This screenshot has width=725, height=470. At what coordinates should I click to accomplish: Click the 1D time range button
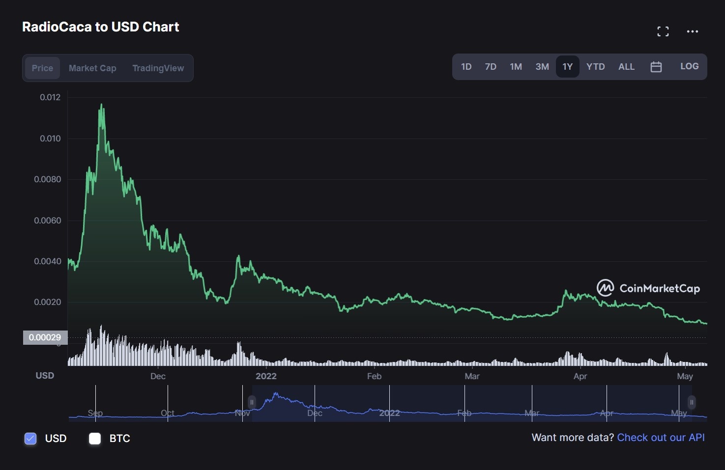[x=466, y=67]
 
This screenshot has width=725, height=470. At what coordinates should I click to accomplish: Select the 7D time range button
[x=491, y=67]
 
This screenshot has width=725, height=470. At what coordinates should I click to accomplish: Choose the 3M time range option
[x=542, y=67]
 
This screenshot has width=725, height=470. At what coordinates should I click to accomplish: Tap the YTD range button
[x=595, y=67]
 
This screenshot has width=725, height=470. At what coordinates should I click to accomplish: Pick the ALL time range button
[x=626, y=67]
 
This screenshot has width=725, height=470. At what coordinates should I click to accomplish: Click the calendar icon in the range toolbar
[x=656, y=67]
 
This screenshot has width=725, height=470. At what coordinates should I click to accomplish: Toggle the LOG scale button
[x=689, y=66]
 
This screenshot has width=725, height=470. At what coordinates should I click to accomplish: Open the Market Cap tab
[x=92, y=68]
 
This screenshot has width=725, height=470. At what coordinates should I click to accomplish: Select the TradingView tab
[x=158, y=68]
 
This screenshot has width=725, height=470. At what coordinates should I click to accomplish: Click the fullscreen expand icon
[x=663, y=31]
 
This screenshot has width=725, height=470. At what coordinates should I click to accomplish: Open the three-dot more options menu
[x=693, y=31]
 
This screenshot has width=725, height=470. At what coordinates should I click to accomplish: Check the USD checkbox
[x=30, y=439]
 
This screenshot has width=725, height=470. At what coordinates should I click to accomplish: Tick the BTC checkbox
[x=95, y=439]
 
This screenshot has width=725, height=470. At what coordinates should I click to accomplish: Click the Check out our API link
[x=661, y=438]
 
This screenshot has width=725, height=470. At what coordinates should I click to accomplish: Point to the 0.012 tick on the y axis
[x=50, y=97]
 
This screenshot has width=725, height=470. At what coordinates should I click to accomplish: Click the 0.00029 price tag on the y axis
[x=45, y=337]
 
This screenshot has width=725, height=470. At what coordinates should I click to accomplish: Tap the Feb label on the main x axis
[x=374, y=376]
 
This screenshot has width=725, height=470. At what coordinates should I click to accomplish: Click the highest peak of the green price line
[x=102, y=105]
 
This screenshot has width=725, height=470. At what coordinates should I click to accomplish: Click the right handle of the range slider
[x=692, y=403]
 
